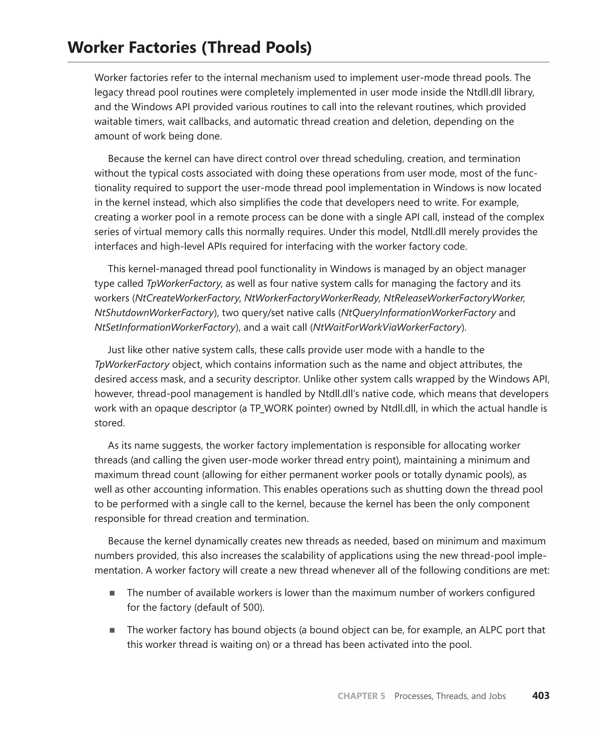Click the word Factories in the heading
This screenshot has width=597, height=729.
161,48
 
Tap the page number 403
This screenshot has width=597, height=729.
541,696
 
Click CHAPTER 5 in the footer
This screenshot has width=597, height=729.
361,696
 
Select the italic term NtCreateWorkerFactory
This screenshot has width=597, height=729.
187,298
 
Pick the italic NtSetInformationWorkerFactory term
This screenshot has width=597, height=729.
165,327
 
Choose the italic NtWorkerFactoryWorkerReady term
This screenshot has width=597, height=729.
311,298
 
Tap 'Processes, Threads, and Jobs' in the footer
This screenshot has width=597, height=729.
450,696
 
